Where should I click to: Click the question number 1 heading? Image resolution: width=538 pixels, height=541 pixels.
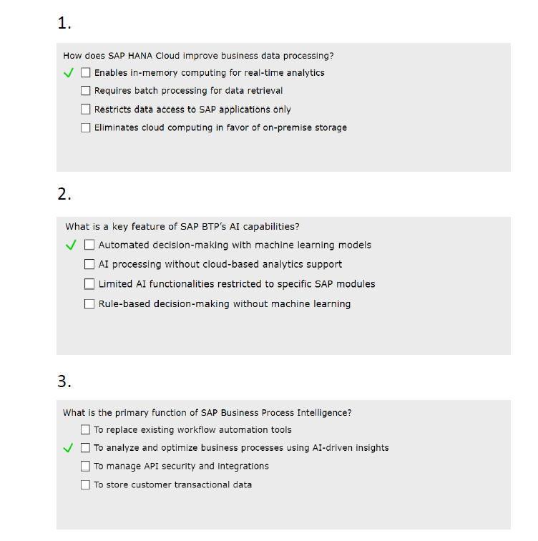click(x=64, y=24)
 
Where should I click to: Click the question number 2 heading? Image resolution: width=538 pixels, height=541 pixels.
click(x=64, y=194)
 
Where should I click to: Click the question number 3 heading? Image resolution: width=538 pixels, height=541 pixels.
click(x=64, y=381)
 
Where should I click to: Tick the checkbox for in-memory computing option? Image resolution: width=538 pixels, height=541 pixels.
click(x=86, y=72)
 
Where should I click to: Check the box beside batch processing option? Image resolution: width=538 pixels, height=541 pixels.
click(x=86, y=91)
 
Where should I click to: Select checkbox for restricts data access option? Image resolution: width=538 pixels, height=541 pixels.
click(x=86, y=109)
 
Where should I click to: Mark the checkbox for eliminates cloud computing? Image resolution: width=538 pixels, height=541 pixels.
click(x=86, y=127)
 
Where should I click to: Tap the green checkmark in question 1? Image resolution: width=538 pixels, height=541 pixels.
click(x=69, y=72)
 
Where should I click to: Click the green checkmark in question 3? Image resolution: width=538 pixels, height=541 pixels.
click(x=69, y=448)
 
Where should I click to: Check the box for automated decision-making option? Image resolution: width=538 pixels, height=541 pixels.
click(x=89, y=245)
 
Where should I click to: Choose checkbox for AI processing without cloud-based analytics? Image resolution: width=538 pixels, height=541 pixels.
click(x=89, y=264)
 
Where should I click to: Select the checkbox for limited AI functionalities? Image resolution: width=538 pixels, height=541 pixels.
click(x=89, y=284)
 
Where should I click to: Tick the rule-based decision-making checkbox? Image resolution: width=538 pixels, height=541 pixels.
click(x=89, y=303)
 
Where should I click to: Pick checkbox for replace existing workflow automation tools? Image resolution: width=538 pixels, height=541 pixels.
click(x=86, y=430)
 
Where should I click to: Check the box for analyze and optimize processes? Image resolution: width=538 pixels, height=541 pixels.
click(x=86, y=448)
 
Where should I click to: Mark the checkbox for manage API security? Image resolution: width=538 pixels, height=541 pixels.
click(x=86, y=466)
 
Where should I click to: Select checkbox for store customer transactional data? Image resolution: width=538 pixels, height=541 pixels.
click(x=86, y=484)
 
